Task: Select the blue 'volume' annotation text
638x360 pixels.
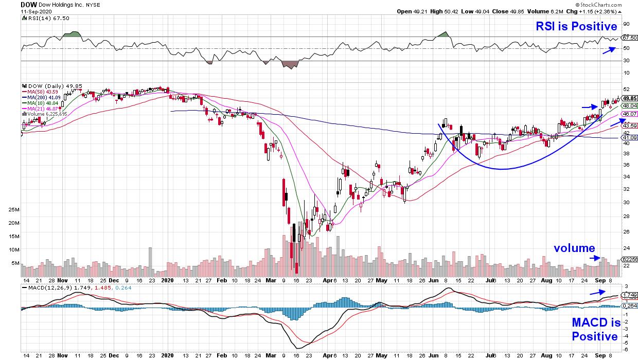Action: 574,248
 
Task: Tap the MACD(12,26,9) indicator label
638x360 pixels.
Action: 45,286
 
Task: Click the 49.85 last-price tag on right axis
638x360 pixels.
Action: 629,98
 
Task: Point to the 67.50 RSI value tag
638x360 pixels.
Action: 629,38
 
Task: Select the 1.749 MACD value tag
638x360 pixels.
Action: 629,295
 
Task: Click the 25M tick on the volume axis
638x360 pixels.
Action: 14,210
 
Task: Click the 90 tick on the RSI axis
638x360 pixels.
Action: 626,24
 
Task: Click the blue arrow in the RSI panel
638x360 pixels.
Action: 609,50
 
